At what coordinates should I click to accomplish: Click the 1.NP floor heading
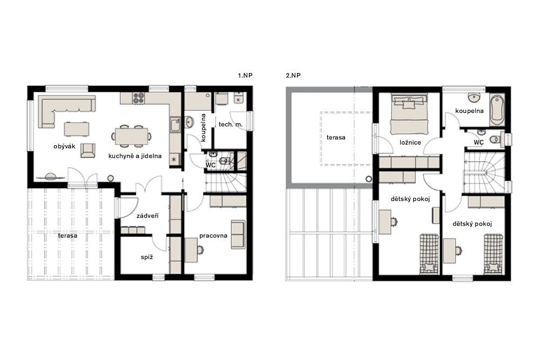coord(245,76)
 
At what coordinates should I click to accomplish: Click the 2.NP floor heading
coord(293,76)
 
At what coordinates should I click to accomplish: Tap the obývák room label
coord(64,146)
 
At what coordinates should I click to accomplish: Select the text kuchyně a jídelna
coord(135,156)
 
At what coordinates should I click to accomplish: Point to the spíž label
coord(147,257)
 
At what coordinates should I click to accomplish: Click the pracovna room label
coord(213,236)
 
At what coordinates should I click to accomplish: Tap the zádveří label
coord(147,216)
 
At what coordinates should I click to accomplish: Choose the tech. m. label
coord(231,124)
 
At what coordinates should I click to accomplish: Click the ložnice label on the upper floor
coord(410,142)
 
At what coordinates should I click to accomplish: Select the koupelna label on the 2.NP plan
coord(469,111)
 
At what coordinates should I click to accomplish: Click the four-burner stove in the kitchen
coord(138,98)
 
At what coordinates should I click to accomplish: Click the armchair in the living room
coord(88,151)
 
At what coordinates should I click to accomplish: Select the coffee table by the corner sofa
coord(77,129)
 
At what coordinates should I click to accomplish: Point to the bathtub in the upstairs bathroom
coord(497,110)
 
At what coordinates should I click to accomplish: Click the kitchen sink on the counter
coord(175,125)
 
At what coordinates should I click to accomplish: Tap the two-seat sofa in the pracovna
coord(238,234)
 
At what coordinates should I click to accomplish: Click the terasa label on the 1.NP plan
coord(67,235)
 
